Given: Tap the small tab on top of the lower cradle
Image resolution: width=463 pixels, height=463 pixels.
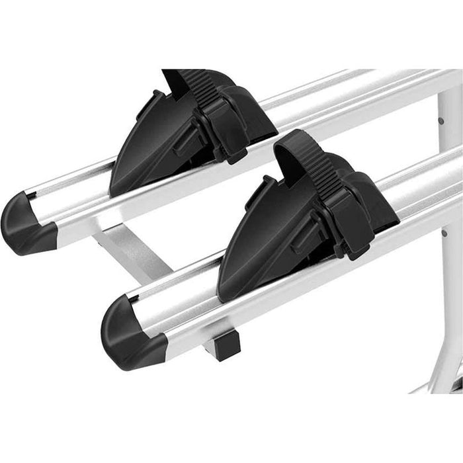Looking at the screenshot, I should [x=268, y=185].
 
